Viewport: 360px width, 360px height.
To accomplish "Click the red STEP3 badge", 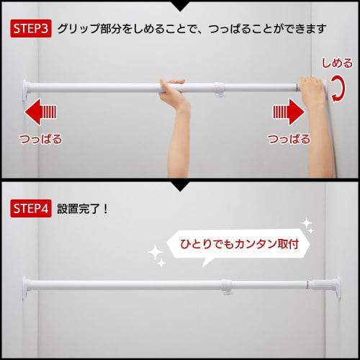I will click(30, 30).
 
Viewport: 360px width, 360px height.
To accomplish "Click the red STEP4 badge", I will click(30, 209).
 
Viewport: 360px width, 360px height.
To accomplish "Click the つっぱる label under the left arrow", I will click(40, 138).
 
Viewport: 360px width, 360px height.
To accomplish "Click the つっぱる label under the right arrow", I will click(288, 138).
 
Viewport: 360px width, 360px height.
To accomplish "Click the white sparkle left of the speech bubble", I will click(154, 252).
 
